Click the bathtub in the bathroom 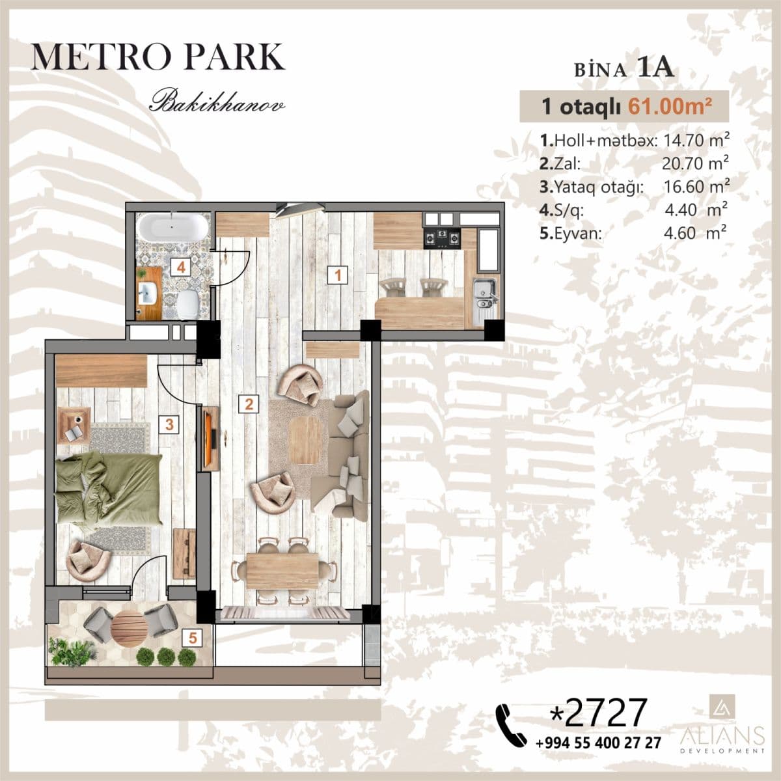coord(173,228)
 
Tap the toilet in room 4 coord(188,303)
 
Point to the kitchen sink coord(484,292)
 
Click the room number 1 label coord(337,275)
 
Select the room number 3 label coord(169,425)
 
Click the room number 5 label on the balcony coord(193,638)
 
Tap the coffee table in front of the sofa coord(305,440)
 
